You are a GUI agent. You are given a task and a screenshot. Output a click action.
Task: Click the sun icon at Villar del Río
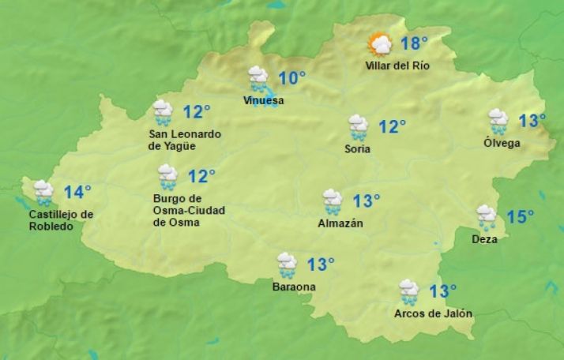(x=380, y=44)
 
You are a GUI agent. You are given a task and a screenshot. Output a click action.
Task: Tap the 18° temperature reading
(x=414, y=43)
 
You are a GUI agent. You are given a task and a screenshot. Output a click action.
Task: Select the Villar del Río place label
(x=397, y=66)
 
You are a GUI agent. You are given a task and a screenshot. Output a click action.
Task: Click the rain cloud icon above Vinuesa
(x=258, y=78)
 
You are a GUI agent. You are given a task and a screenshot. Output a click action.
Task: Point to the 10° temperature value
(x=291, y=78)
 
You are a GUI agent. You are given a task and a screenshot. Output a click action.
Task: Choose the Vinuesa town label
(x=263, y=100)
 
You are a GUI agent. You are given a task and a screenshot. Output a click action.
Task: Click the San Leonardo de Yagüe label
(x=185, y=140)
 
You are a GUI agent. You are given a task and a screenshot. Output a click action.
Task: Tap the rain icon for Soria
(x=358, y=126)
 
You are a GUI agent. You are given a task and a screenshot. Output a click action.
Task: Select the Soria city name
(x=358, y=149)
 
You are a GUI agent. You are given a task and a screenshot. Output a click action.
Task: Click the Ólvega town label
(x=502, y=143)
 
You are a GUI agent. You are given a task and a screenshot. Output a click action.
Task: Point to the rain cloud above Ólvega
(x=498, y=121)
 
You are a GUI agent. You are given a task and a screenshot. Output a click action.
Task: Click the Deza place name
(x=484, y=239)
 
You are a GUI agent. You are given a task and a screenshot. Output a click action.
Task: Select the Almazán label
(x=341, y=223)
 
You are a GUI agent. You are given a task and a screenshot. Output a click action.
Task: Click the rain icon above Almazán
(x=333, y=201)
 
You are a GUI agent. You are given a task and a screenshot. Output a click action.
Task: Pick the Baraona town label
(x=293, y=287)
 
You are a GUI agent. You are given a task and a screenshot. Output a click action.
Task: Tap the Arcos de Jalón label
(x=433, y=313)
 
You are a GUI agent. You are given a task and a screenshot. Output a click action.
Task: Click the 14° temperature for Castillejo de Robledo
(x=77, y=192)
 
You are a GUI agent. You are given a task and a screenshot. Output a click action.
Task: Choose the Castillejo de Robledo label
(x=61, y=220)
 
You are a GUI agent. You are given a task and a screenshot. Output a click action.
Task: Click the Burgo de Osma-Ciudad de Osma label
(x=189, y=210)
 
